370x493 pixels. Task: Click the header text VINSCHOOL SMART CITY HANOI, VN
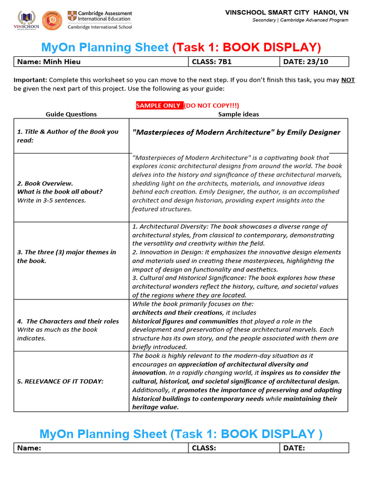(x=287, y=12)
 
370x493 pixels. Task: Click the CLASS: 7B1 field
(x=233, y=62)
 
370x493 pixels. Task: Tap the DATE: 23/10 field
(x=314, y=62)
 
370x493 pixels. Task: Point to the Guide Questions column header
(x=71, y=114)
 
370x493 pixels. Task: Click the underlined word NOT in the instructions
(x=348, y=80)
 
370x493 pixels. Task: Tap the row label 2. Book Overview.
(x=45, y=183)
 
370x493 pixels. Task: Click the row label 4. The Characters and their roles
(x=67, y=321)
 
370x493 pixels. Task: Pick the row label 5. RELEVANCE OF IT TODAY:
(x=60, y=381)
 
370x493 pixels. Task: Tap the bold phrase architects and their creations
(x=177, y=312)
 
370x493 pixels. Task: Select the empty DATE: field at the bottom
(x=314, y=448)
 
